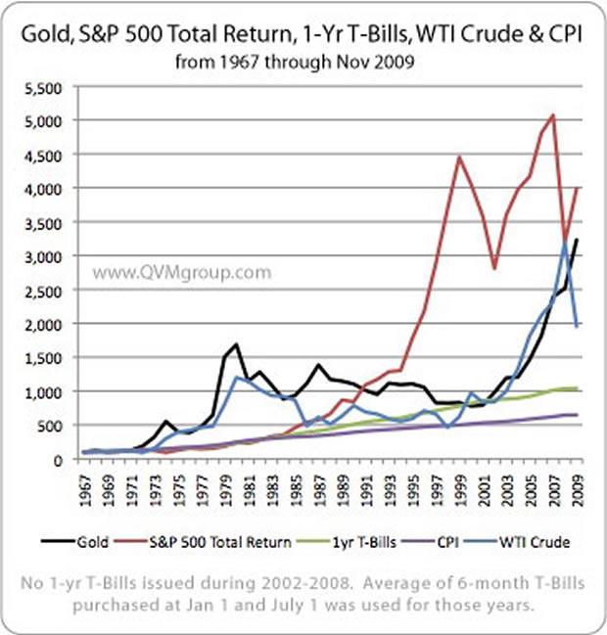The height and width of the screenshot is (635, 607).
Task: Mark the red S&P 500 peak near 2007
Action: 553,115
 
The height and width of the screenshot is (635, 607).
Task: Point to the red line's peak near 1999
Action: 459,157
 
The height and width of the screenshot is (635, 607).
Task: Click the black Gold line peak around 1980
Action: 237,344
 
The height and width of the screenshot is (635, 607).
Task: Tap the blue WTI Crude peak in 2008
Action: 565,241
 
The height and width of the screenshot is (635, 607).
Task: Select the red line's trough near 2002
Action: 494,268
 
